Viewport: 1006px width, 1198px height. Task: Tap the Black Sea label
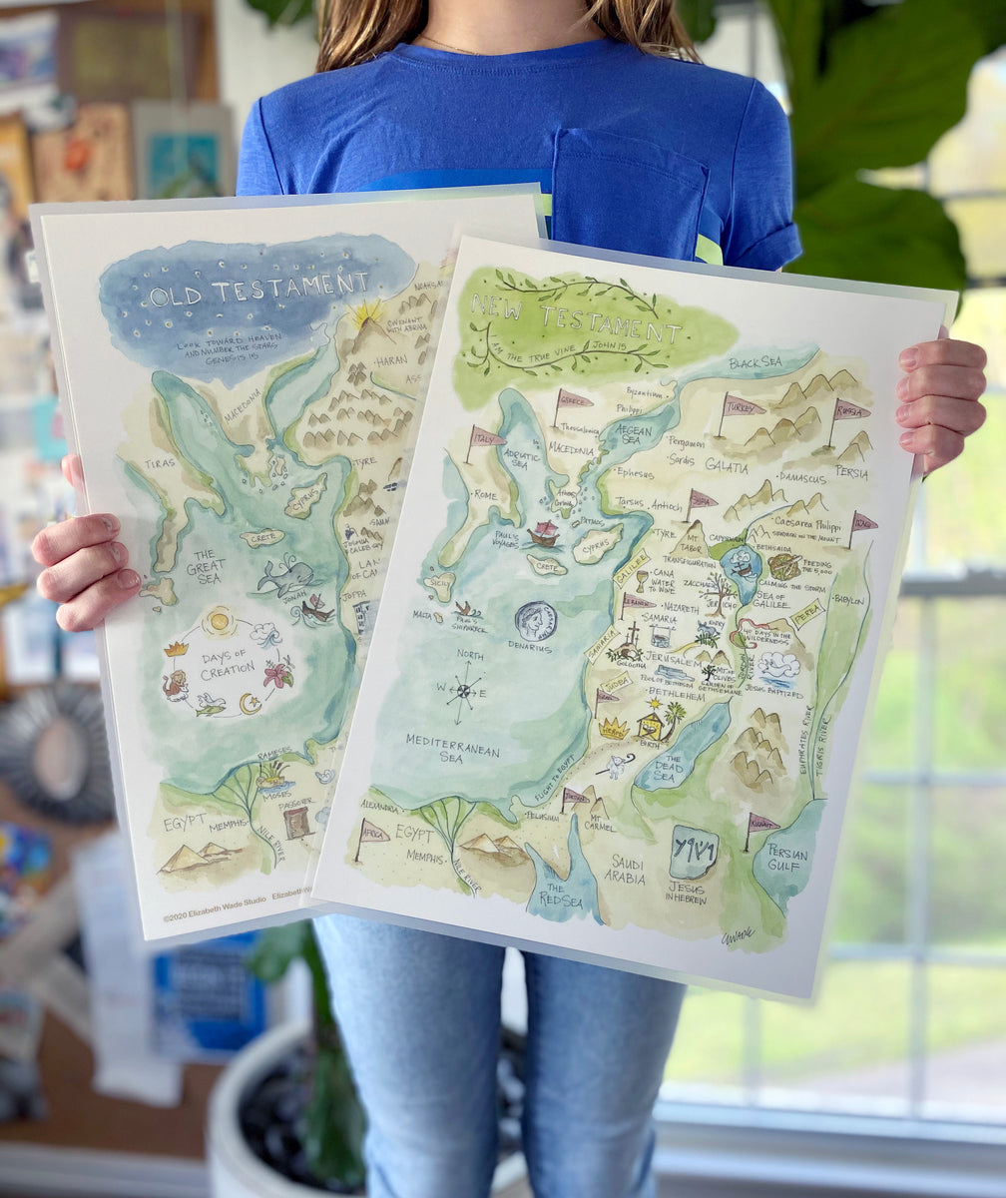pyautogui.click(x=755, y=362)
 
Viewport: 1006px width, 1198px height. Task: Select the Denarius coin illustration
pyautogui.click(x=536, y=621)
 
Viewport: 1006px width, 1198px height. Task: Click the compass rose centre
pyautogui.click(x=462, y=690)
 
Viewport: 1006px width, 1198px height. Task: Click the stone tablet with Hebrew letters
pyautogui.click(x=694, y=852)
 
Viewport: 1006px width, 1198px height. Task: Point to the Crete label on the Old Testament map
pyautogui.click(x=262, y=537)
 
